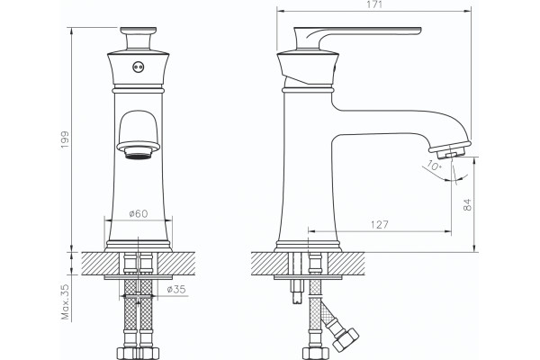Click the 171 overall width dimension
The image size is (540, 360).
click(374, 4)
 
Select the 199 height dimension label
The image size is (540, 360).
click(65, 139)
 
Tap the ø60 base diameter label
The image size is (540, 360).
click(139, 213)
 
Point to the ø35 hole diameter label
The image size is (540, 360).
click(176, 289)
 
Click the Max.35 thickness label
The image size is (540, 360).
click(65, 301)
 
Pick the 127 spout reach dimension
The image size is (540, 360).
click(379, 225)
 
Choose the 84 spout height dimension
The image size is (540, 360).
click(467, 204)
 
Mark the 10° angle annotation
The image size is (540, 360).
click(434, 166)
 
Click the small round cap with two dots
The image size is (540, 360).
click(138, 67)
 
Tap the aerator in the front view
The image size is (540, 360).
click(138, 150)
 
